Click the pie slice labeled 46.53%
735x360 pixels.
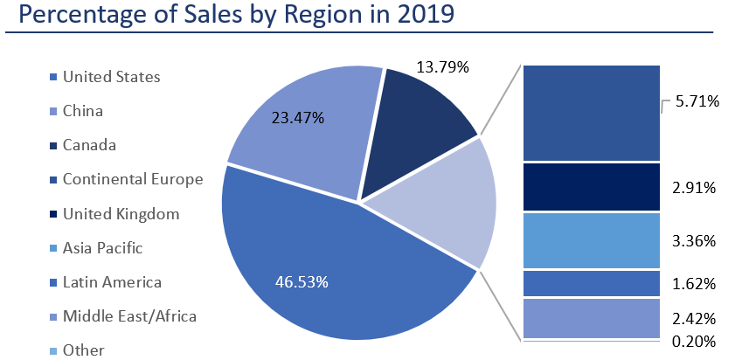[x=332, y=271]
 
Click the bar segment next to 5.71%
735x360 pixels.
[x=591, y=113]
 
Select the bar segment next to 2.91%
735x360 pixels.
[x=591, y=187]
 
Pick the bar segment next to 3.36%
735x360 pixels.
[x=591, y=240]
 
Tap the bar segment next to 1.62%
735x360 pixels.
[x=591, y=283]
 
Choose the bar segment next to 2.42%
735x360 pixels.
[x=591, y=317]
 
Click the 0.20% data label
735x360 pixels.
[x=694, y=341]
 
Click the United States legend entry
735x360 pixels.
[x=111, y=77]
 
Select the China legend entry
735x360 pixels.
[x=83, y=111]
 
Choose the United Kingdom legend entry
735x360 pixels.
[x=121, y=214]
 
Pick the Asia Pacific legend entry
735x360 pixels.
[x=102, y=248]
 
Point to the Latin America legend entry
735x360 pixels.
[x=112, y=282]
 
